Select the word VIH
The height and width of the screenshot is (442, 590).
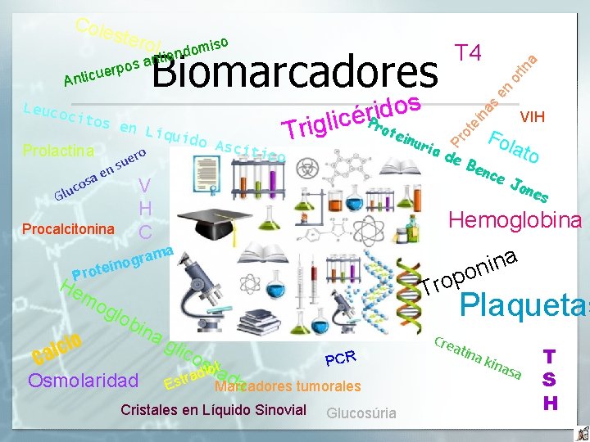pos(533,116)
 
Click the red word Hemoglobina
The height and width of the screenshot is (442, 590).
pos(515,219)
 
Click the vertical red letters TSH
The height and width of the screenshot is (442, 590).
pos(551,380)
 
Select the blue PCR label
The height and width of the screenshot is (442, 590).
pos(340,358)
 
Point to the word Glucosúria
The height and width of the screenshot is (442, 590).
pos(361,413)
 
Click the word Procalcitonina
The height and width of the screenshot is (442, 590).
pos(68,228)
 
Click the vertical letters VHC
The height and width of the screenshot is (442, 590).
pos(145,209)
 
